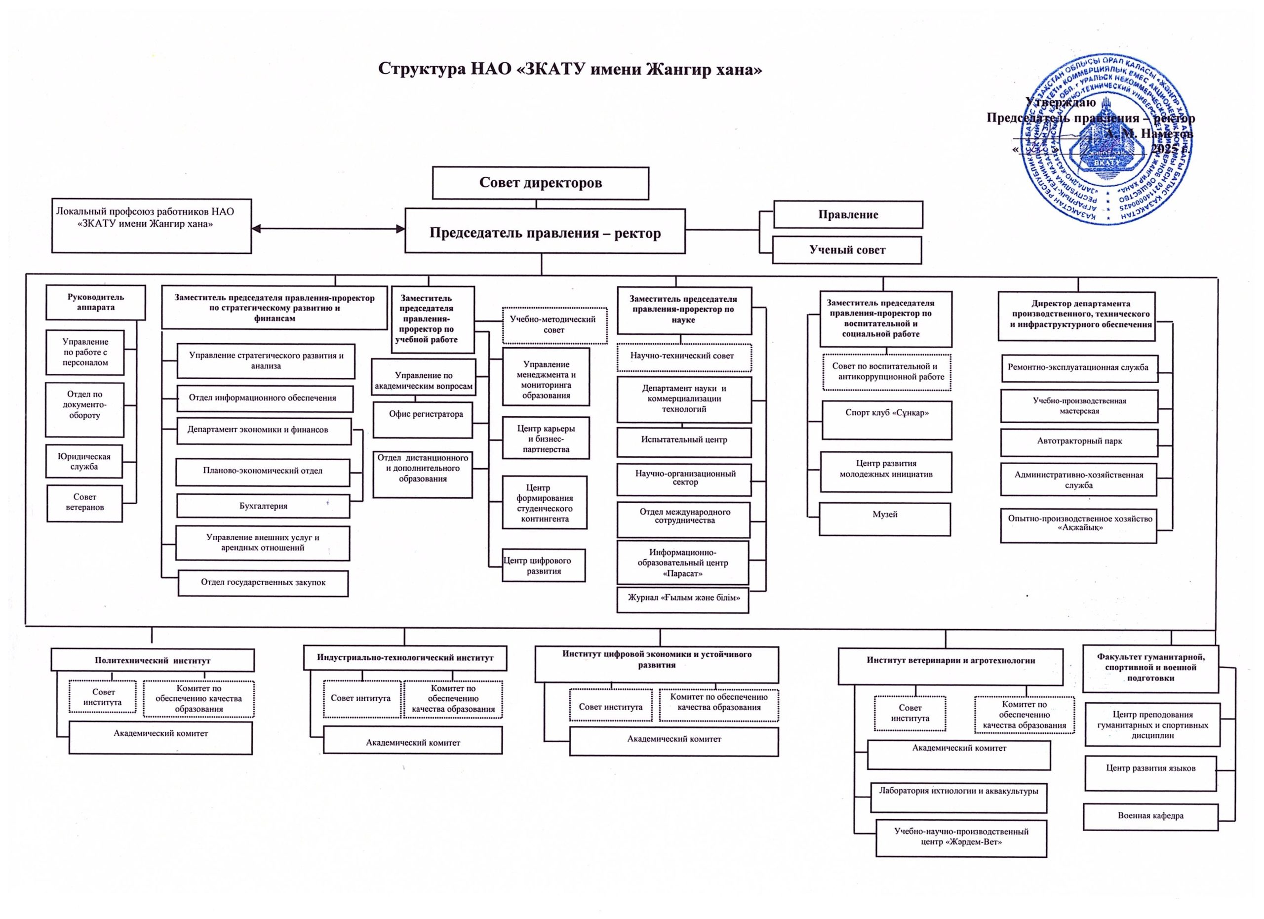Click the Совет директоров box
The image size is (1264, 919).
click(540, 183)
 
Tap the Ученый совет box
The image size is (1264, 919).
click(847, 250)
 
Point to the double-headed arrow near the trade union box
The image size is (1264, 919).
click(328, 229)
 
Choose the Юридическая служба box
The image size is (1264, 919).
click(83, 461)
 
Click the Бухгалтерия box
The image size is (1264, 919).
click(263, 506)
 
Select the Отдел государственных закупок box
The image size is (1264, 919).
click(263, 583)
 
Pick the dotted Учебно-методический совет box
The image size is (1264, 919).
click(554, 325)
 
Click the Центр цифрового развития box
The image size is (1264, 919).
click(544, 565)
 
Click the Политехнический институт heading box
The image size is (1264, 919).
click(152, 661)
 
